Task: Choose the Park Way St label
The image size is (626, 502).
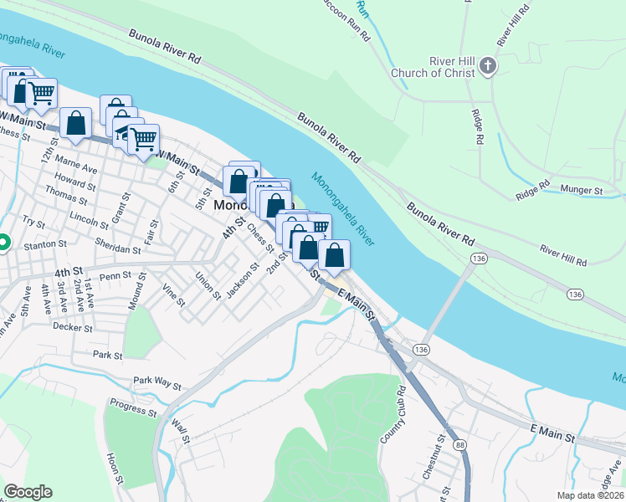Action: point(157,384)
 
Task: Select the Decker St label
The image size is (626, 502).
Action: point(71,328)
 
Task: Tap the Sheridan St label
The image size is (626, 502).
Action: point(116,249)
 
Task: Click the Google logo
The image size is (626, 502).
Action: point(28,492)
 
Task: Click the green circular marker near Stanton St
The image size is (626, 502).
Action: point(3,243)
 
